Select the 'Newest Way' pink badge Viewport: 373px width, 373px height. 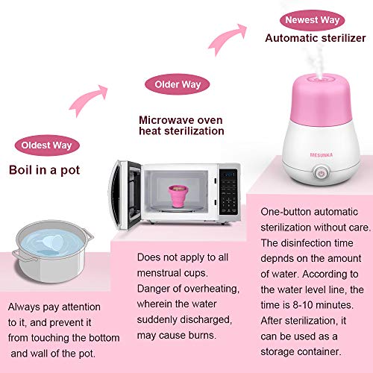[313, 20]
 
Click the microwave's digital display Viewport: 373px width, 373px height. [231, 175]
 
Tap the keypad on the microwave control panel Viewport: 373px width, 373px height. [231, 201]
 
